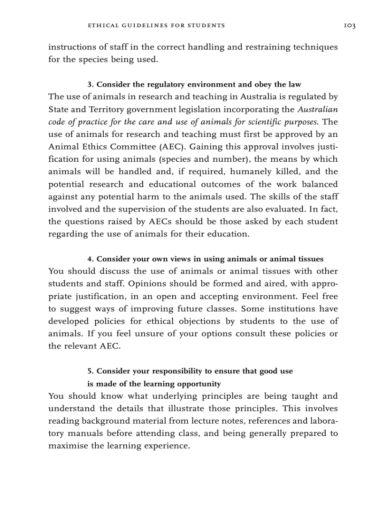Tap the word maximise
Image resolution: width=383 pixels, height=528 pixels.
69,446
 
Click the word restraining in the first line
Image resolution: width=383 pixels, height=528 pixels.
243,47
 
